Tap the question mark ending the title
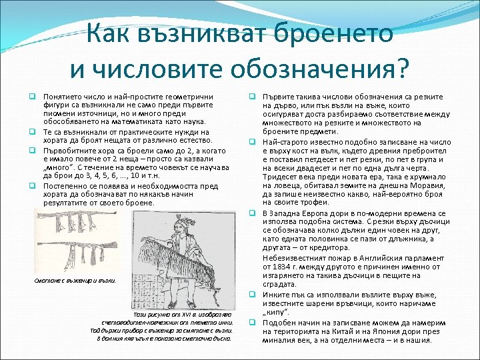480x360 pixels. [x=403, y=66]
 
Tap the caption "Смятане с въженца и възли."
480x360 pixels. [x=75, y=280]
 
